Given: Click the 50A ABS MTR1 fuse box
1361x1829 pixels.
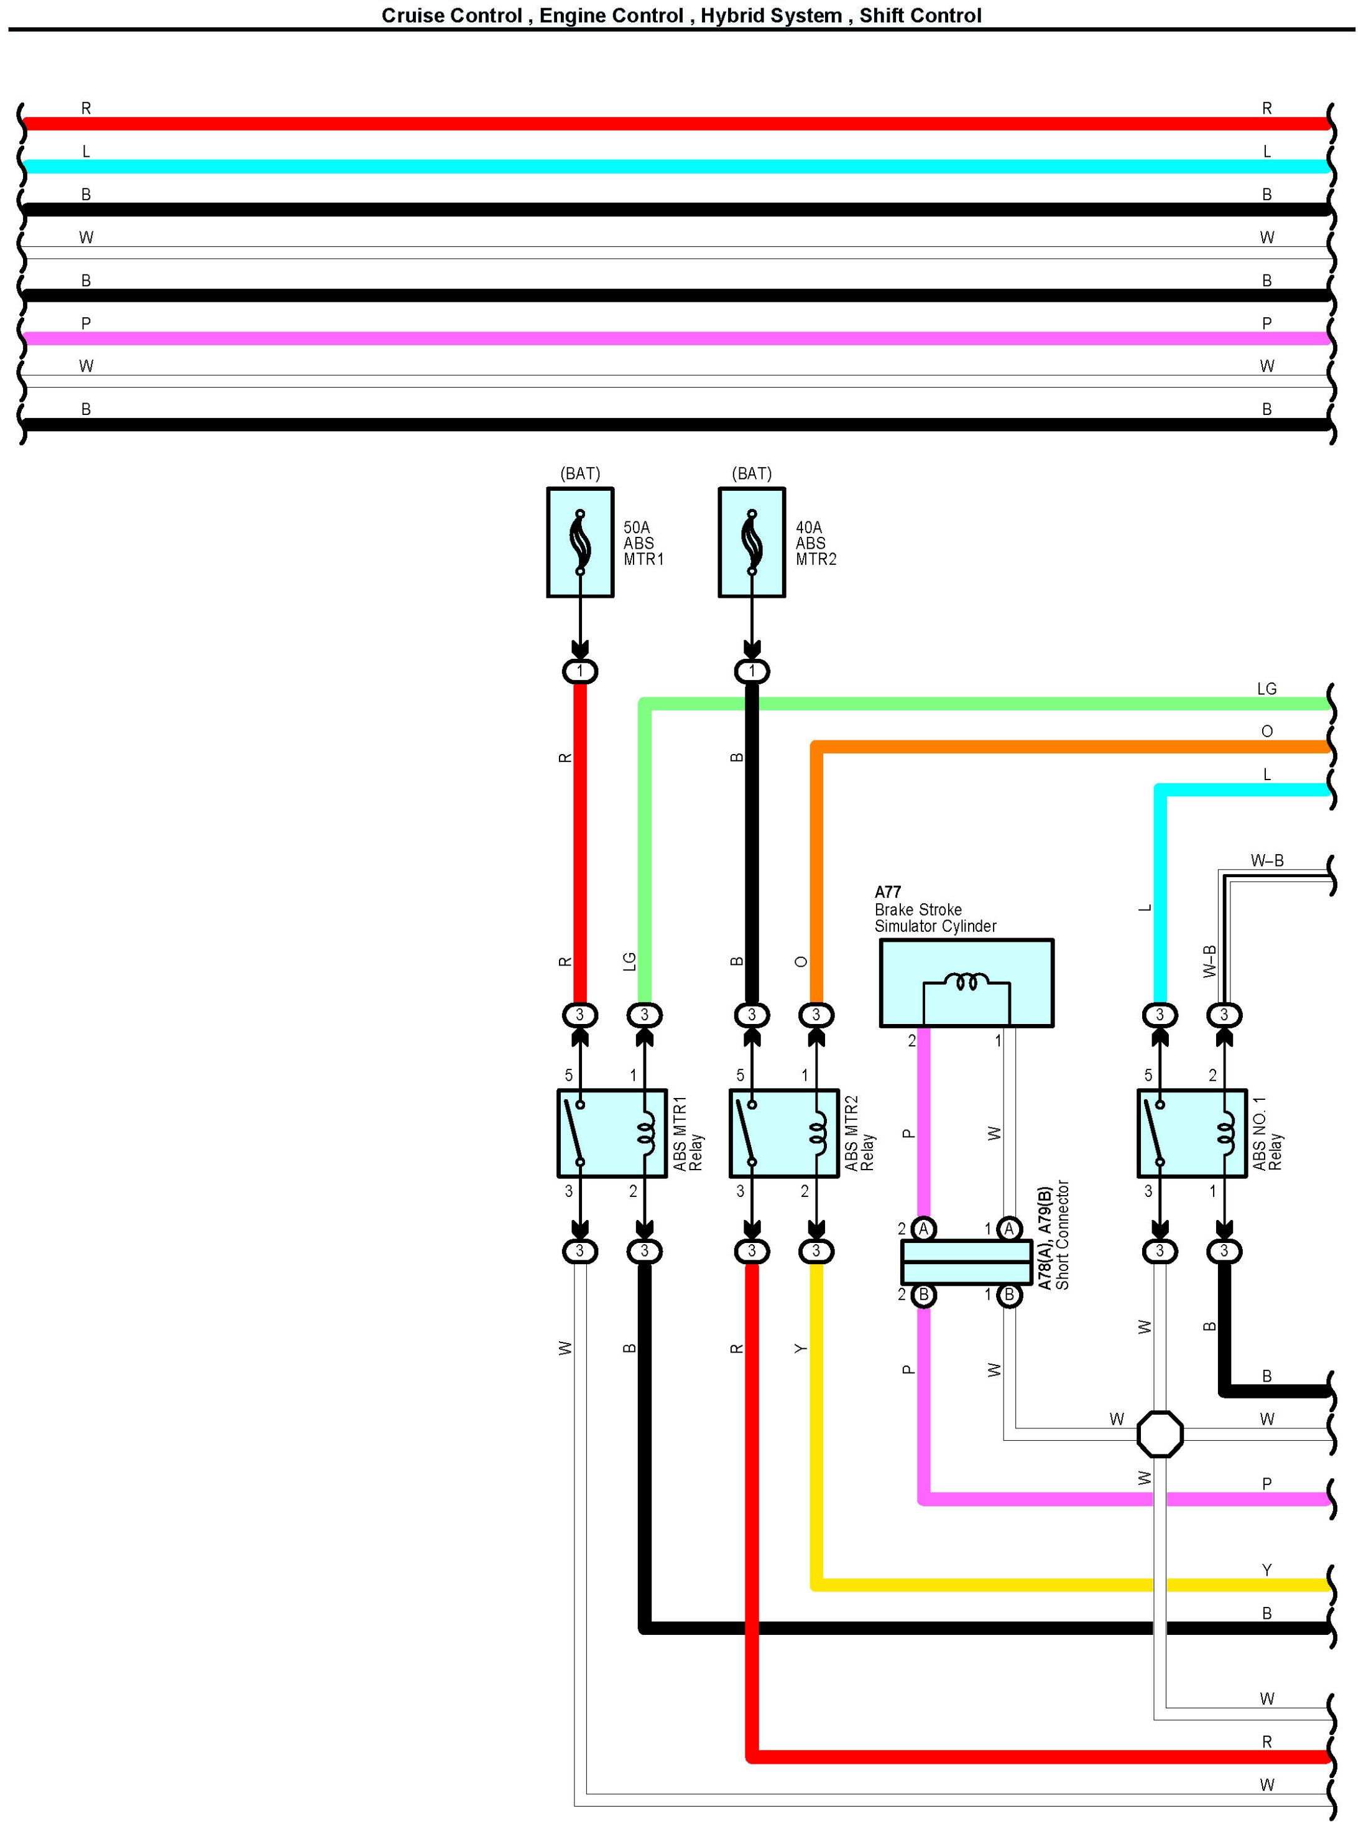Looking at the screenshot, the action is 580,542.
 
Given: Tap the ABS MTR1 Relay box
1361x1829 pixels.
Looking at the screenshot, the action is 612,1133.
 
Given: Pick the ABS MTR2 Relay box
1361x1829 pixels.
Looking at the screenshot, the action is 783,1133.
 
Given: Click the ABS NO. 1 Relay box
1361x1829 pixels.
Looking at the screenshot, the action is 1192,1133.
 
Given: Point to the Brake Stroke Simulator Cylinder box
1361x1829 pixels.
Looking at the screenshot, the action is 966,982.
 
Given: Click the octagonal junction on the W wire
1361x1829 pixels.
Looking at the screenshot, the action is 1160,1434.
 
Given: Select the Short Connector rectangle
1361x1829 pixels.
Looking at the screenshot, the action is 966,1262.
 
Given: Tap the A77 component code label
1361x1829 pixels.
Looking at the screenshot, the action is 887,892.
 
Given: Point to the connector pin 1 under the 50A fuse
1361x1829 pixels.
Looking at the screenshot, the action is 580,671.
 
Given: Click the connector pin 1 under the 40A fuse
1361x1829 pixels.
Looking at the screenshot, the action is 751,671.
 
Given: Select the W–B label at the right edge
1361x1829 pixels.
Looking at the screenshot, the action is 1267,860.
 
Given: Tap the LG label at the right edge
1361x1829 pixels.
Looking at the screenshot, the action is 1267,688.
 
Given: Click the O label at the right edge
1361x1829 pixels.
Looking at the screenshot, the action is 1267,731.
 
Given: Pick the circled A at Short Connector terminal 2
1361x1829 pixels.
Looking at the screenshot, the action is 923,1229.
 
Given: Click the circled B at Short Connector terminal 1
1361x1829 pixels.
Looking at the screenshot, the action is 1009,1295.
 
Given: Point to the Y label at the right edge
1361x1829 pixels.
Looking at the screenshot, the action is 1267,1570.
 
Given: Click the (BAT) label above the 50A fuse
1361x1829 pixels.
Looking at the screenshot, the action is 580,473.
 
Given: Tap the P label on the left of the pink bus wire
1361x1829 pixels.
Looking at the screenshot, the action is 86,323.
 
